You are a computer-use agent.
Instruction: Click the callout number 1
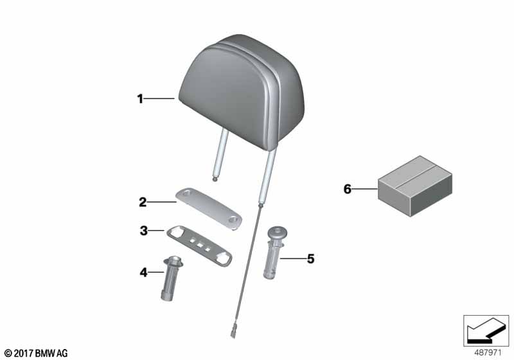pos(140,99)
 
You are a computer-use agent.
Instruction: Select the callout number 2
pos(143,202)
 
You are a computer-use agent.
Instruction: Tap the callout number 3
pos(143,231)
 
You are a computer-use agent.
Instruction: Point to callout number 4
pos(143,272)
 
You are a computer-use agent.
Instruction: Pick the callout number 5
pos(310,258)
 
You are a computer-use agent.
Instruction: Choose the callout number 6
pos(348,189)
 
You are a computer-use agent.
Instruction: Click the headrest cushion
pos(242,92)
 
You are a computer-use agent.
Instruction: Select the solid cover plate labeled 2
pos(209,208)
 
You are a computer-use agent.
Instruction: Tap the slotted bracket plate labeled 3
pos(199,246)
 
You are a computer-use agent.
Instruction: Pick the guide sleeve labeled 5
pos(276,253)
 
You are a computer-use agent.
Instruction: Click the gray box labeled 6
pos(415,186)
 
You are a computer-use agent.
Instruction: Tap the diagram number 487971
pos(488,353)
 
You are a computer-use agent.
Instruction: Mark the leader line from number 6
pos(365,189)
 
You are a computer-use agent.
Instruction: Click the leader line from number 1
pos(159,98)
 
